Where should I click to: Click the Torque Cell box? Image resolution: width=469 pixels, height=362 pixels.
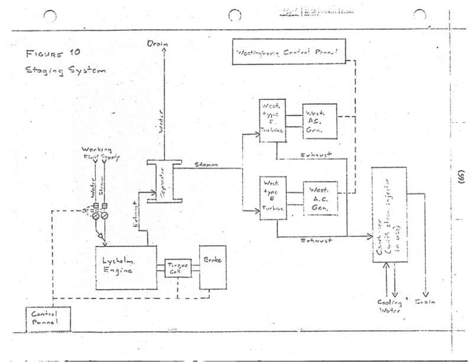point(177,268)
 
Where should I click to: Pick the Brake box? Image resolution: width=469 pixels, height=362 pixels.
point(213,266)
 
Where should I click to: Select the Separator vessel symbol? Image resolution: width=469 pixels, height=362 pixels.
point(154,180)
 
